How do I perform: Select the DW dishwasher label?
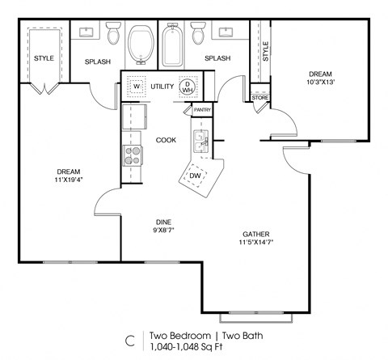pyautogui.click(x=195, y=176)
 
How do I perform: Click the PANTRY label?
pyautogui.click(x=202, y=109)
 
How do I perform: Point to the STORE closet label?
pyautogui.click(x=259, y=99)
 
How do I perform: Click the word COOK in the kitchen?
pyautogui.click(x=166, y=140)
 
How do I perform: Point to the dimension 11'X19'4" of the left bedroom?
pyautogui.click(x=67, y=180)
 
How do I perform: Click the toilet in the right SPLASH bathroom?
pyautogui.click(x=198, y=36)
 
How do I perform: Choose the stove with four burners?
pyautogui.click(x=132, y=154)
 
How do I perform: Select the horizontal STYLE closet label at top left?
pyautogui.click(x=44, y=58)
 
